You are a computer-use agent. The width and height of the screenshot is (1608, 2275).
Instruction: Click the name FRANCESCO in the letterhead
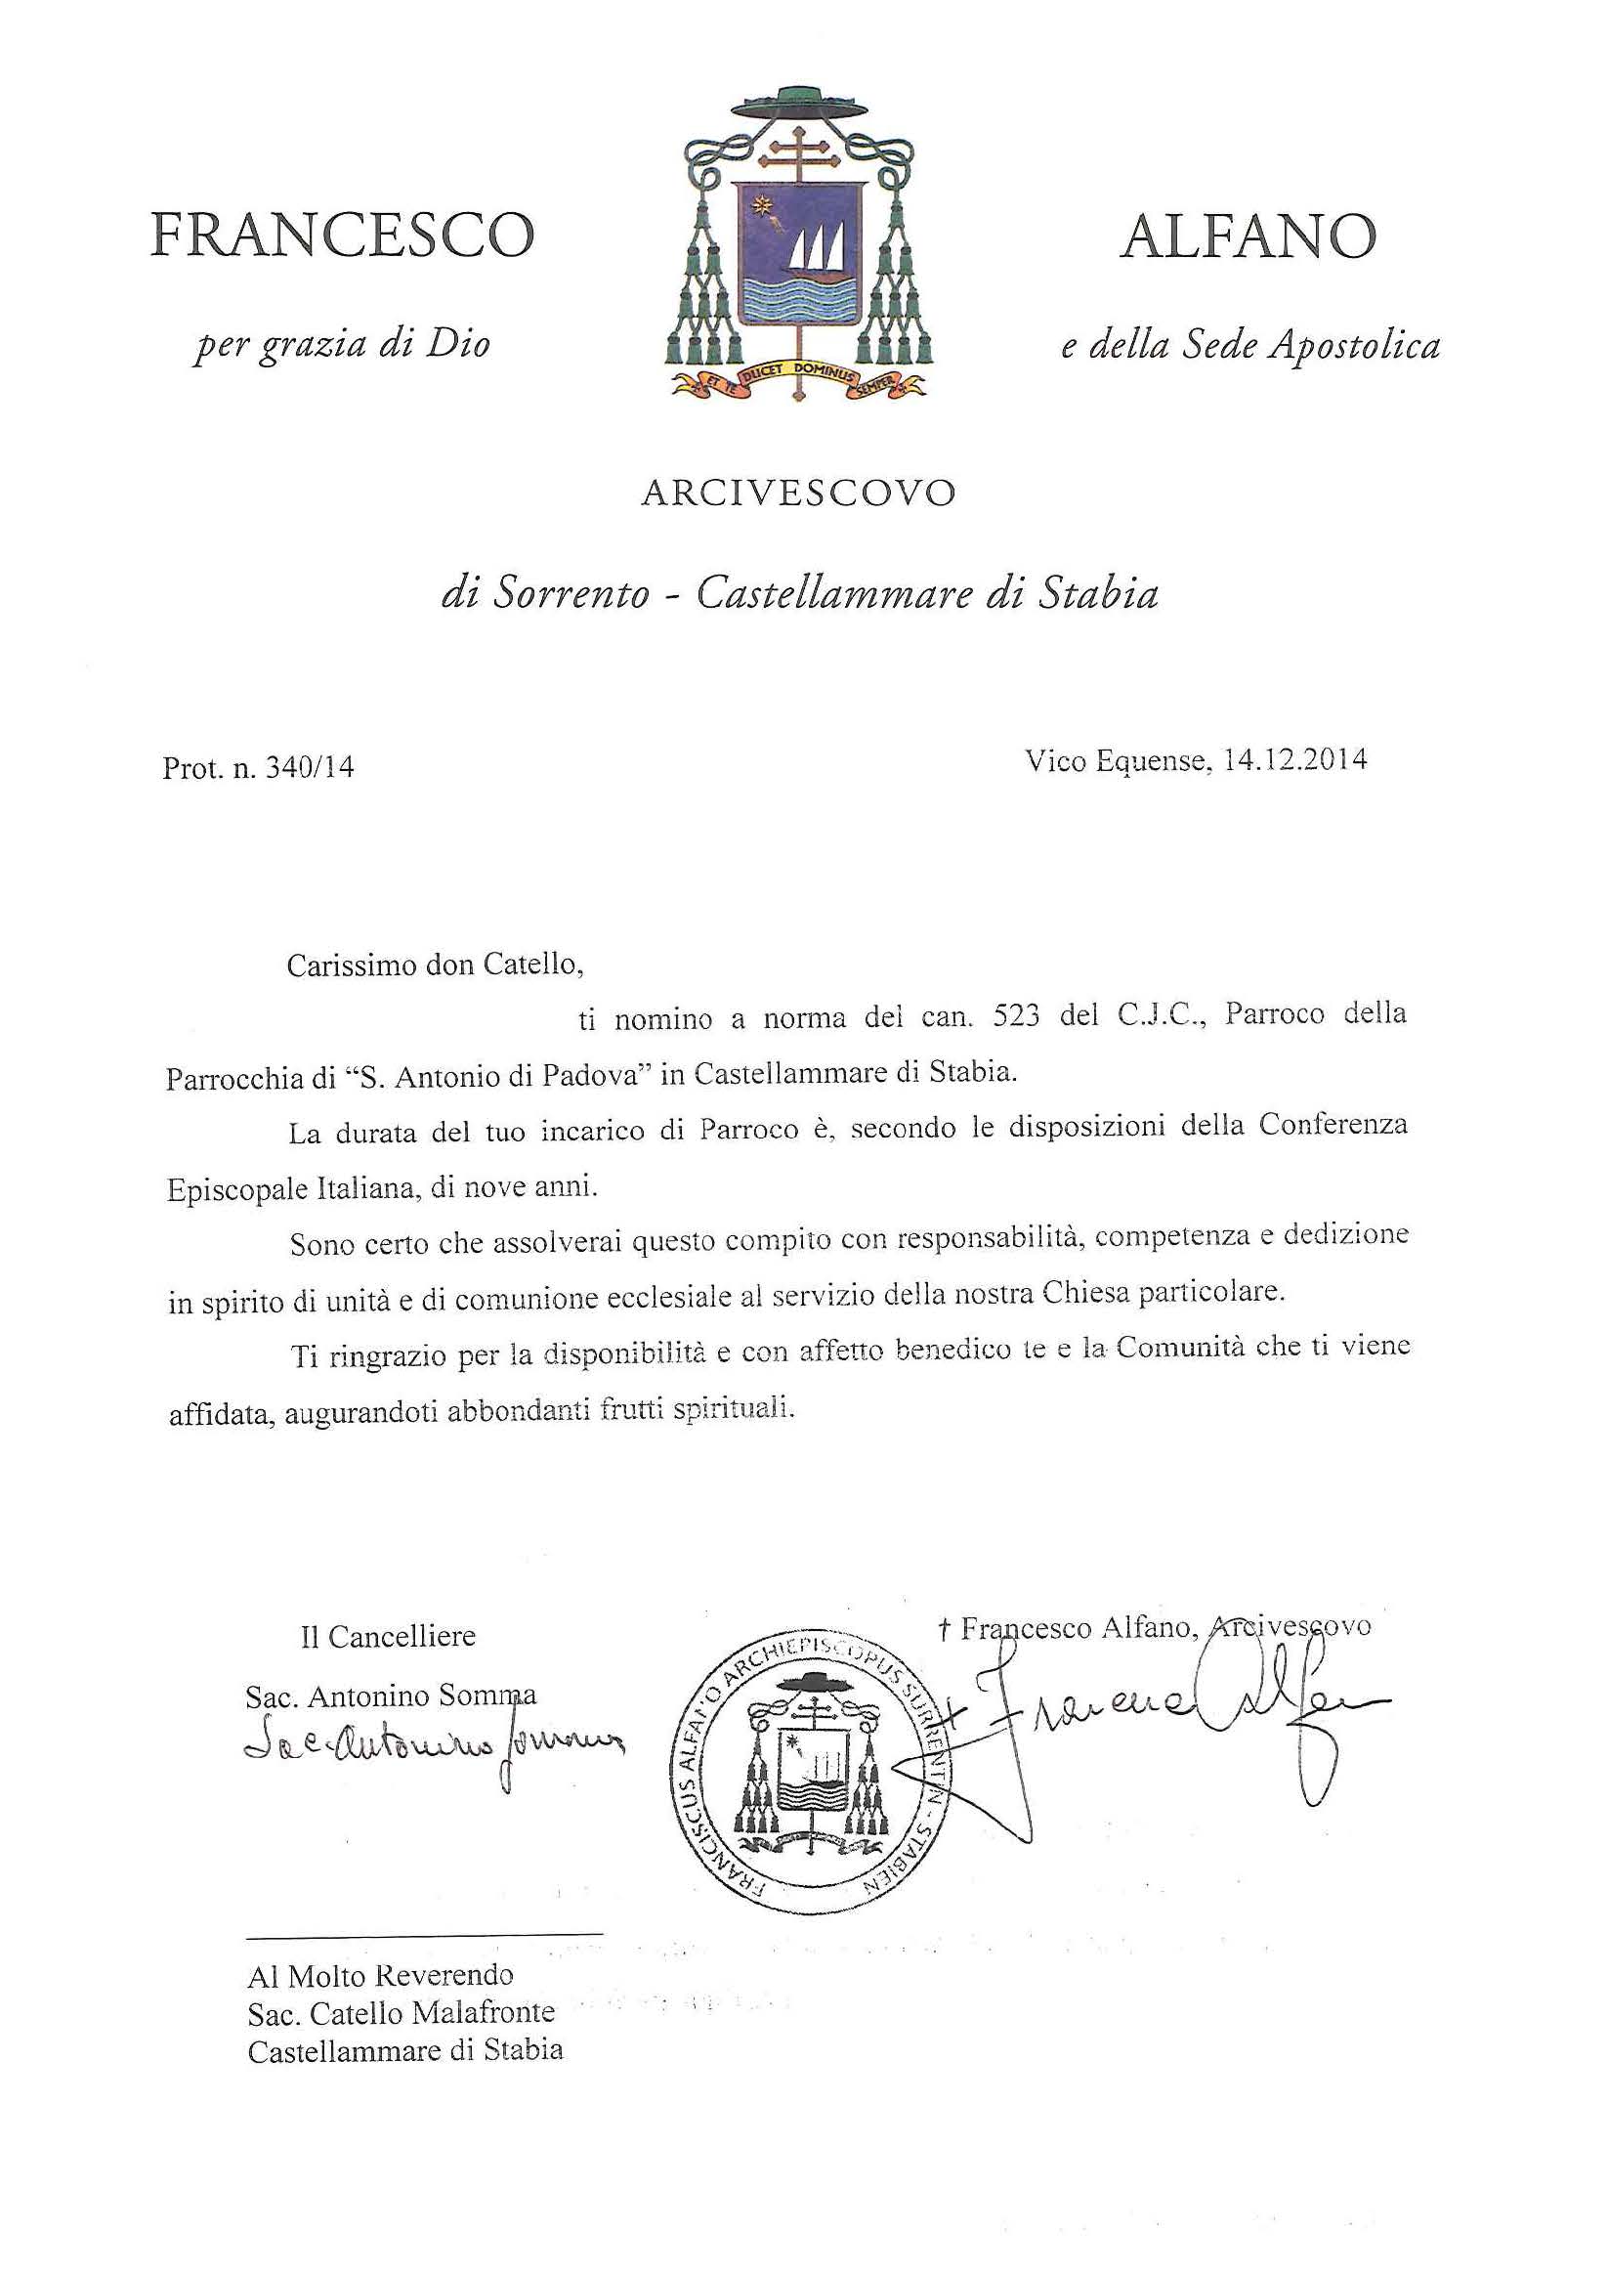342,236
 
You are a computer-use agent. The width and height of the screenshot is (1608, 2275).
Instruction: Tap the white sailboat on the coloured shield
817,247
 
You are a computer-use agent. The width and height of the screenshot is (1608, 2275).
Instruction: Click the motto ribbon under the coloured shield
798,377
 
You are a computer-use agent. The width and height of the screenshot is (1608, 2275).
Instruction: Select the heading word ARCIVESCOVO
798,493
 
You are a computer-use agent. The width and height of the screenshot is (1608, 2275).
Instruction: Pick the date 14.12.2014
1295,760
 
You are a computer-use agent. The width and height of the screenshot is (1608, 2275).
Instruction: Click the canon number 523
1016,1016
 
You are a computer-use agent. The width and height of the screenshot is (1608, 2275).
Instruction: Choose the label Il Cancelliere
388,1636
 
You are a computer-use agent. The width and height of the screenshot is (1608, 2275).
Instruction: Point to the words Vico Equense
1116,761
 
